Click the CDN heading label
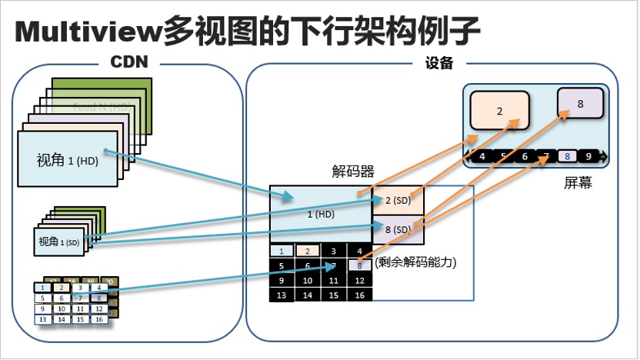click(128, 62)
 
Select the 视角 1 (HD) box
click(68, 160)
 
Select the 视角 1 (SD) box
click(59, 242)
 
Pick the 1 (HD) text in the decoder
click(320, 215)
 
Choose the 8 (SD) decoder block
click(398, 229)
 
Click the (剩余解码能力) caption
click(416, 262)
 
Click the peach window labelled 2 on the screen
click(499, 111)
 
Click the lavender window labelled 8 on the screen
click(580, 102)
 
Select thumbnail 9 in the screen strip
click(588, 157)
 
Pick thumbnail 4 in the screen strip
click(482, 157)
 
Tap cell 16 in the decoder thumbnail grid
click(359, 295)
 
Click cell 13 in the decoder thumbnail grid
click(282, 295)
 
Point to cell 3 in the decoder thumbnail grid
click(333, 251)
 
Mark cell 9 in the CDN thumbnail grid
click(43, 308)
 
